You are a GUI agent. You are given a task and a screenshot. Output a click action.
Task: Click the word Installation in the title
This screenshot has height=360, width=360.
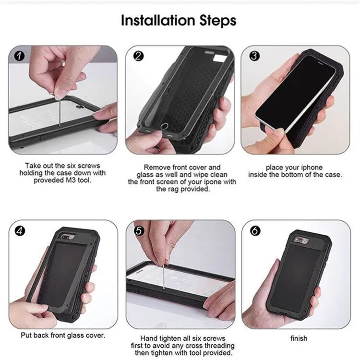coord(153,21)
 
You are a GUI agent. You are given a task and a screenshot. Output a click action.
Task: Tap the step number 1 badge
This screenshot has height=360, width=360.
coord(19,56)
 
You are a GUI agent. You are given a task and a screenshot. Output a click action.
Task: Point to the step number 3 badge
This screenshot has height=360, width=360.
coord(255,56)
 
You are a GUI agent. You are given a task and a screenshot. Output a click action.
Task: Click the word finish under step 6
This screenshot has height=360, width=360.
coord(299,338)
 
